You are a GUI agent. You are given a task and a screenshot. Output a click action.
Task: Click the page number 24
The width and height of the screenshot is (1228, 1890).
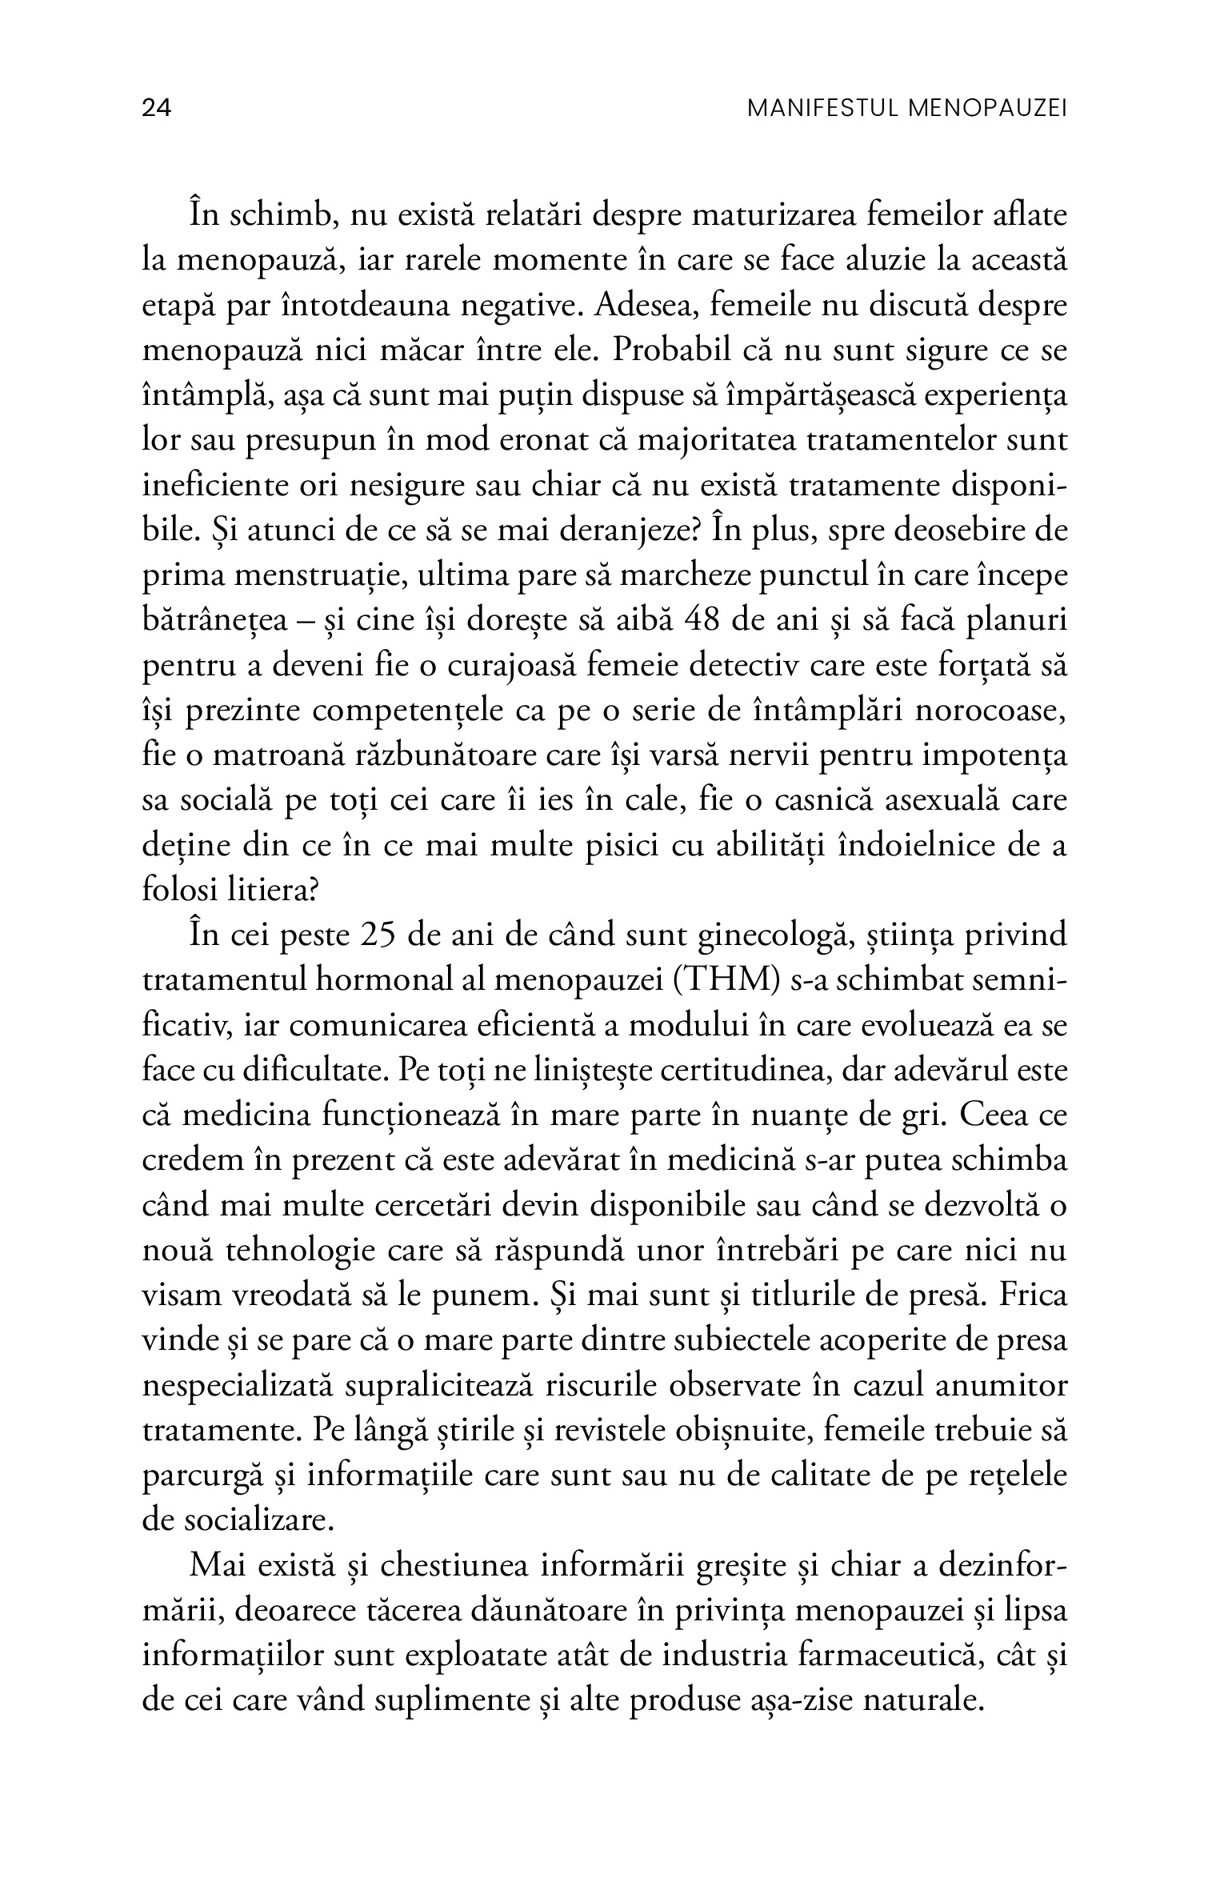(157, 108)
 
